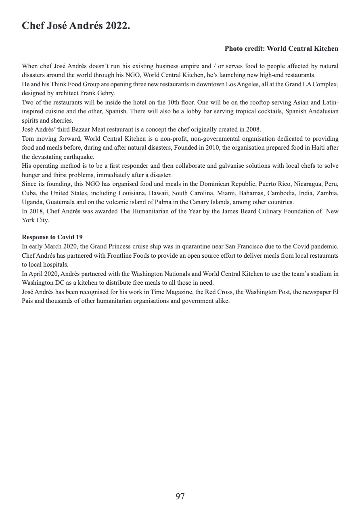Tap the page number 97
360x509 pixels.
[180, 496]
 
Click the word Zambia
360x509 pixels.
[327, 193]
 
